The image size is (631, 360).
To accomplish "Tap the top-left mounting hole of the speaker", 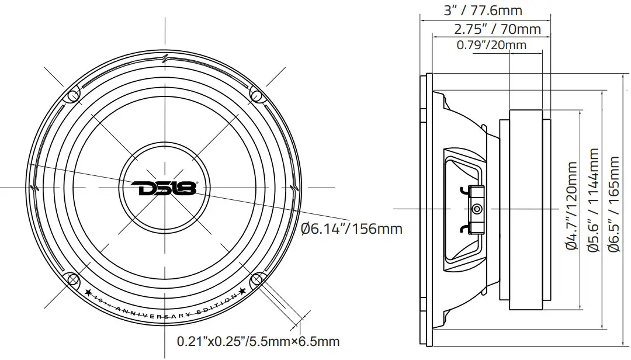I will point(73,95).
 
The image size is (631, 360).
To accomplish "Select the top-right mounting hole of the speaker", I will point(256,94).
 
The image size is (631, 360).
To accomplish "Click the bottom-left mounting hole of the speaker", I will point(73,279).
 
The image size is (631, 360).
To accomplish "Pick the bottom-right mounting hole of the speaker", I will point(257,279).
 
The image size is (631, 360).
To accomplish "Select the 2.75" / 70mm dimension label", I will point(497,29).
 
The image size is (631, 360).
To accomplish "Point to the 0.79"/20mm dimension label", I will point(491,45).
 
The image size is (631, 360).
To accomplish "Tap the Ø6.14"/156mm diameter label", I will point(351,229).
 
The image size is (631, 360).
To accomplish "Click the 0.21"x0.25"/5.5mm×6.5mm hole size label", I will point(258,341).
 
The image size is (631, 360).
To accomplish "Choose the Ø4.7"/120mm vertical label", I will point(571,207).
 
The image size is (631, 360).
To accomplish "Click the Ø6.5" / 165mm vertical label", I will point(613,205).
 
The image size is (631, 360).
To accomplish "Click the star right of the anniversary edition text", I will point(241,291).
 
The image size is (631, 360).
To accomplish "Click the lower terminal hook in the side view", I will point(464,229).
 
